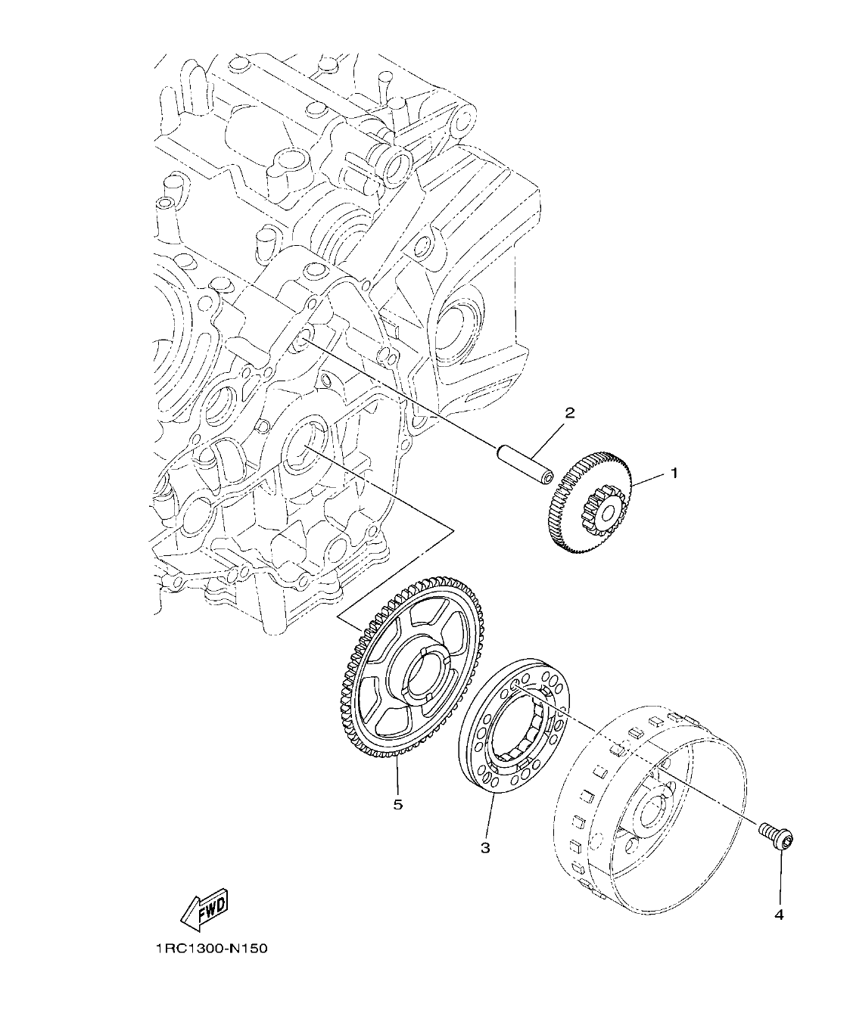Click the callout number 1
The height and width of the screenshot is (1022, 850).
(671, 474)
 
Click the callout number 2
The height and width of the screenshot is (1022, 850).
(570, 413)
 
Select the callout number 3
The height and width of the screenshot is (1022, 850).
(485, 848)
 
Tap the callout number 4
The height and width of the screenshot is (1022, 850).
(779, 915)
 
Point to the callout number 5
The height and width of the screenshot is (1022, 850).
(398, 804)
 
